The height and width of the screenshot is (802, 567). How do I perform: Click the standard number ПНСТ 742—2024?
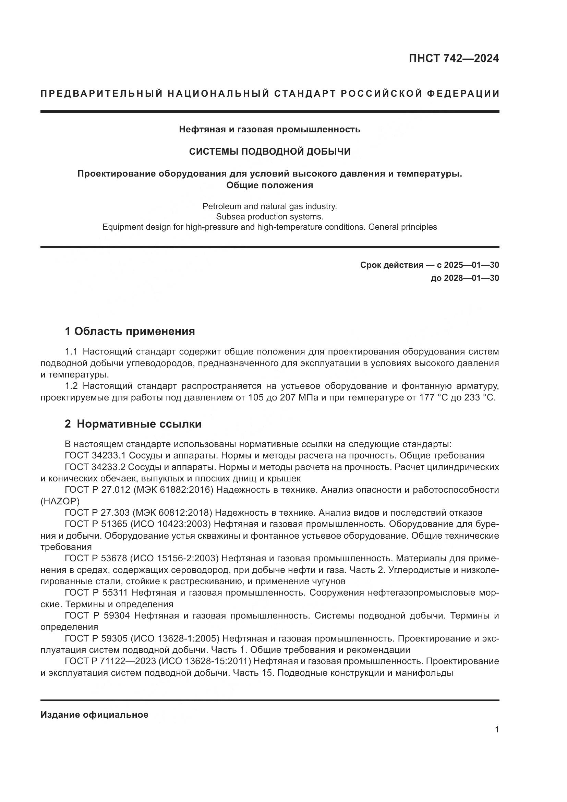coord(454,58)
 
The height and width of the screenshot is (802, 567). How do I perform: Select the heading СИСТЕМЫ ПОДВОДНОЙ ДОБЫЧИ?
coord(269,151)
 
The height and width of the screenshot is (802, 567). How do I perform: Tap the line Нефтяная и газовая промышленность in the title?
coord(269,130)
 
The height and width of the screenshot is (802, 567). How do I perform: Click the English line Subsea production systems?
coord(269,217)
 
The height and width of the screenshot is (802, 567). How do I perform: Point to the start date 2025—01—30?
coord(471,265)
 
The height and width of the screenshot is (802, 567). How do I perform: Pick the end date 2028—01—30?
coord(471,278)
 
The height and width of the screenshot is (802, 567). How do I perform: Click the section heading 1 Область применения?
coord(130,331)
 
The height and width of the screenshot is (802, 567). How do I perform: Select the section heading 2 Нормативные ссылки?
coord(133,424)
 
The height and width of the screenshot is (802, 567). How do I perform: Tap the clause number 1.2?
coord(72,386)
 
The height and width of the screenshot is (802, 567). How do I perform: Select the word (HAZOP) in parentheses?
coord(60,501)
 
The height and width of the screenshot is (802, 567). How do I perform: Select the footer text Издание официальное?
coord(94,715)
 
